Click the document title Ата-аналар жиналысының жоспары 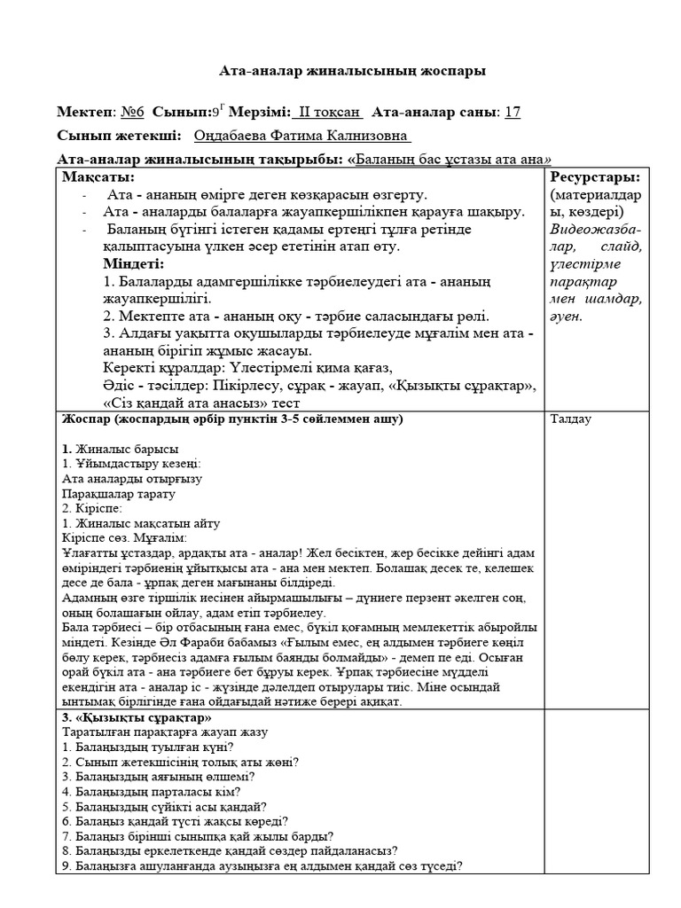pyautogui.click(x=352, y=70)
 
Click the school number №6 pyautogui.click(x=132, y=112)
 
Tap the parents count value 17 pyautogui.click(x=512, y=112)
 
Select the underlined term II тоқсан pyautogui.click(x=329, y=112)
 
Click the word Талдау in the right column pyautogui.click(x=571, y=419)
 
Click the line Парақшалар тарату pyautogui.click(x=119, y=494)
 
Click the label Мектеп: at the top pyautogui.click(x=86, y=112)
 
